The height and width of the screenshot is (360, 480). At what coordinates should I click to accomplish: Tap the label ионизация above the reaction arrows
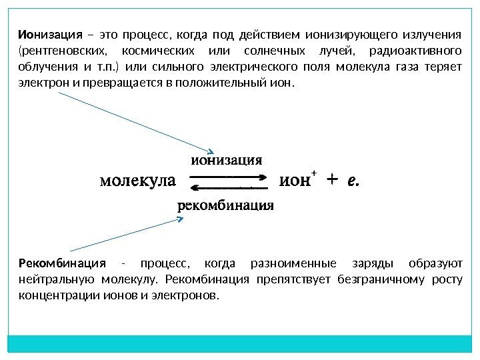pos(226,160)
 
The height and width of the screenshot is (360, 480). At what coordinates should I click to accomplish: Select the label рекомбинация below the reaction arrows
pos(226,205)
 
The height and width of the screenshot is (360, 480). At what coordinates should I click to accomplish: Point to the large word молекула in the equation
pos(137,180)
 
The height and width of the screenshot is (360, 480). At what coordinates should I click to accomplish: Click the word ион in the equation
pos(293,180)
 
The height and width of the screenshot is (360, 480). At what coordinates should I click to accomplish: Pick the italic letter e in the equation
pos(353,180)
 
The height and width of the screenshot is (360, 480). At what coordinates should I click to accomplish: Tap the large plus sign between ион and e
pos(333,179)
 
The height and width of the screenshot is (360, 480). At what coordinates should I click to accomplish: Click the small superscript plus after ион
pos(313,173)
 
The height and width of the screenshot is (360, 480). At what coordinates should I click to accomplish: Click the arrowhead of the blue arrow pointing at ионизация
pos(209,151)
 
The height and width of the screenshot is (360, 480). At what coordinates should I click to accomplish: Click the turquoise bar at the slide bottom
pos(240,344)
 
